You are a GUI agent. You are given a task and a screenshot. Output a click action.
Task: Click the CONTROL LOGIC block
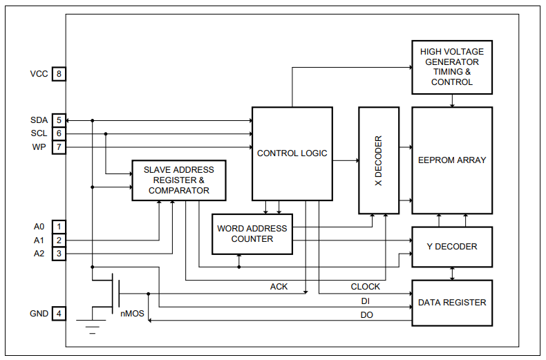coord(292,153)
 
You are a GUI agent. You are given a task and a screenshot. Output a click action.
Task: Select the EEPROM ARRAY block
coord(452,160)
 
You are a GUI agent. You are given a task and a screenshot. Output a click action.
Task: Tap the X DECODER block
coord(379,160)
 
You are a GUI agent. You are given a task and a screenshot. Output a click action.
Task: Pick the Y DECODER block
coord(452,247)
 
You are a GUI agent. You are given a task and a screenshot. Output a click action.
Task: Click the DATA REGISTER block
coord(452,303)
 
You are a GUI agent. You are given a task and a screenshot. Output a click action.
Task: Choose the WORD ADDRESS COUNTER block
coord(252,234)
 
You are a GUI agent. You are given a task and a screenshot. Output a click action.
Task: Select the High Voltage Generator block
coord(452,67)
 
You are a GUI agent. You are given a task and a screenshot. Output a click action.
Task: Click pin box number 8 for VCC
coord(59,74)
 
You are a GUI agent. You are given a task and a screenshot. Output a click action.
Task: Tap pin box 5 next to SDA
coord(59,120)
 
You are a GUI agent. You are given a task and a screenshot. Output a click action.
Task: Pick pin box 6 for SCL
coord(59,133)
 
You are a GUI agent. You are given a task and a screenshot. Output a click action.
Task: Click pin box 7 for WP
coord(59,147)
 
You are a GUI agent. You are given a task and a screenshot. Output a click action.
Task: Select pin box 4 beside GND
coord(59,314)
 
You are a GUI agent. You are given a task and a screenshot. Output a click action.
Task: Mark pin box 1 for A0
coord(59,226)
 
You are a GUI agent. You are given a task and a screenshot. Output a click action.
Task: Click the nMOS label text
coord(132,314)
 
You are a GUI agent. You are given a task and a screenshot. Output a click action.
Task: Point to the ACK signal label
coord(279,287)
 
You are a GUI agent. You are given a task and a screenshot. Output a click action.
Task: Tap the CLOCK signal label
coord(365,287)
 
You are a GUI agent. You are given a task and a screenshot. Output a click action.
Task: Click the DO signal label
coord(366,315)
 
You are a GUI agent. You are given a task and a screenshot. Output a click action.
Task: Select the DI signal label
coord(365,301)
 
